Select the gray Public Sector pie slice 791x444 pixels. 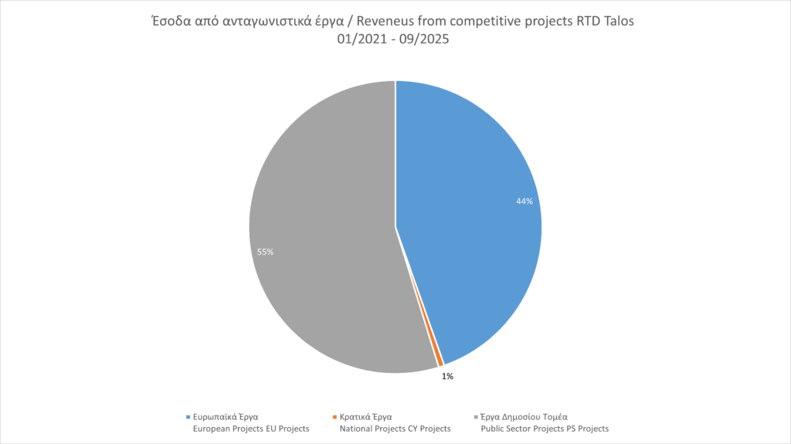pos(324,232)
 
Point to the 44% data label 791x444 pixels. pos(525,201)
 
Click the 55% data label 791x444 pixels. pos(265,252)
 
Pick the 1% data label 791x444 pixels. pos(447,377)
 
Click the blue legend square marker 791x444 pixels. pos(188,416)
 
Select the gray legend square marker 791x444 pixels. pos(476,416)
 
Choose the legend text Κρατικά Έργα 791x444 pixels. pos(365,416)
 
